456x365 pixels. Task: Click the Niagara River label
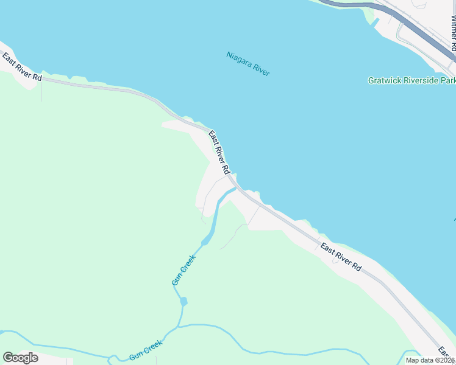pyautogui.click(x=248, y=64)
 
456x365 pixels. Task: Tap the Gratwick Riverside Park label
pyautogui.click(x=411, y=80)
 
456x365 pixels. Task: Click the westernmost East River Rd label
pyautogui.click(x=22, y=68)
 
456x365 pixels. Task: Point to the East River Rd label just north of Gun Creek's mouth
pyautogui.click(x=219, y=151)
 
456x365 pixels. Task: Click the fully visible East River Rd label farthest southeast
pyautogui.click(x=341, y=258)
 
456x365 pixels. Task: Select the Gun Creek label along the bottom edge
pyautogui.click(x=146, y=351)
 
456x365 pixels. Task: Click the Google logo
pyautogui.click(x=20, y=358)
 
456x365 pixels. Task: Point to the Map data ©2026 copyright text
pyautogui.click(x=430, y=360)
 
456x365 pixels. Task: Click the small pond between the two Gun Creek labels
pyautogui.click(x=183, y=301)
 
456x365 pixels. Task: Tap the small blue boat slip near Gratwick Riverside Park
pyautogui.click(x=374, y=23)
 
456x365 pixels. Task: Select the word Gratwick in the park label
pyautogui.click(x=384, y=80)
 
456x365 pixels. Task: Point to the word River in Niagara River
pyautogui.click(x=261, y=70)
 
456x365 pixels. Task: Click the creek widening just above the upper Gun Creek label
pyautogui.click(x=205, y=242)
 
